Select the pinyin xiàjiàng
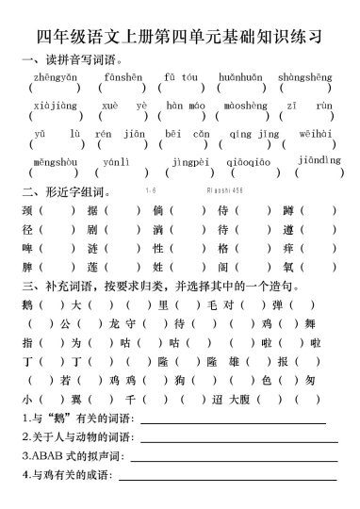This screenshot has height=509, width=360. point(49,107)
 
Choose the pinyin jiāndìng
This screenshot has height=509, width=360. point(318,160)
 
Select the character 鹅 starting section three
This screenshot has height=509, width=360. point(26,304)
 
